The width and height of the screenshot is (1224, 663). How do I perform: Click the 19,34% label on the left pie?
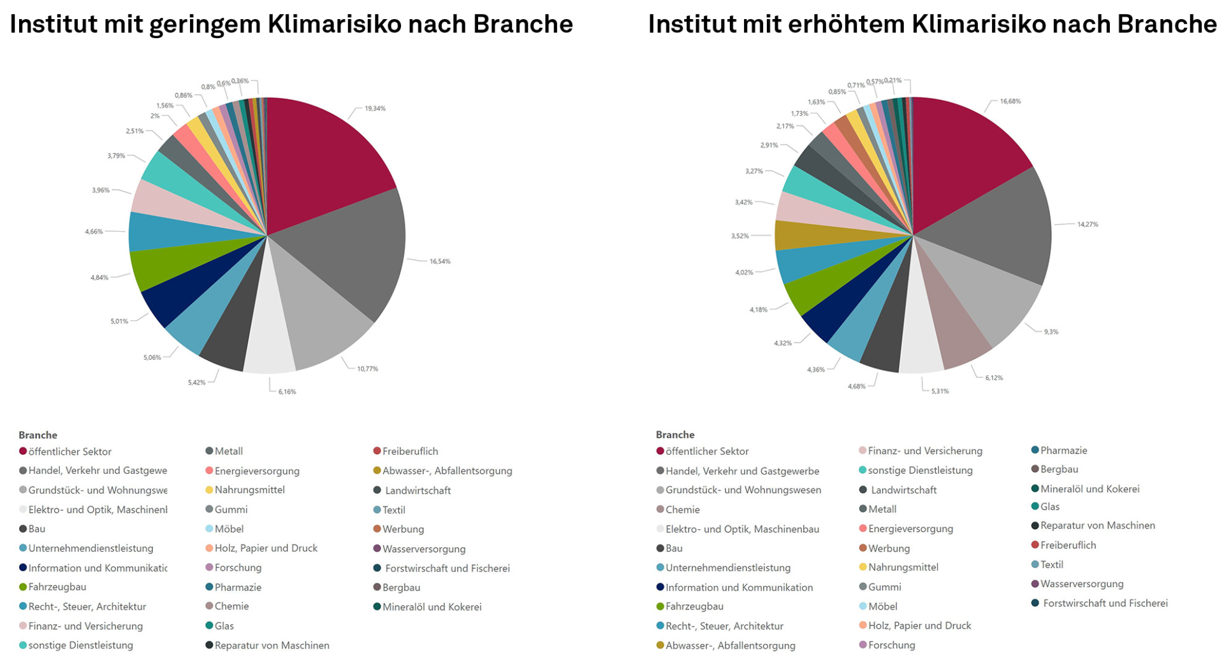[x=375, y=108]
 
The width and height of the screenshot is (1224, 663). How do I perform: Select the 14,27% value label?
[x=1088, y=224]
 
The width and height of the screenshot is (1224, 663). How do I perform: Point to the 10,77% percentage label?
[x=367, y=369]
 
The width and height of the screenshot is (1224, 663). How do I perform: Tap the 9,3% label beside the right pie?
[x=1051, y=332]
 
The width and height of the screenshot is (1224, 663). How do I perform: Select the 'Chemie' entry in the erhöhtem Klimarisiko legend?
[x=682, y=510]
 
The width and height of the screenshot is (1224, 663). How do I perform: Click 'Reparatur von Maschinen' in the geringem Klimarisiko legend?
[x=272, y=645]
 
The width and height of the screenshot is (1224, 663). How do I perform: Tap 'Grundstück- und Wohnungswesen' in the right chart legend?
[x=743, y=490]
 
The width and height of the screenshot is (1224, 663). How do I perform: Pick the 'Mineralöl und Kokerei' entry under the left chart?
[x=432, y=607]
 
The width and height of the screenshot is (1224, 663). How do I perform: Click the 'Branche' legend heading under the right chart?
[x=675, y=435]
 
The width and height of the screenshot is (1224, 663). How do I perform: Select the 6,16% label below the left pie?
[x=287, y=392]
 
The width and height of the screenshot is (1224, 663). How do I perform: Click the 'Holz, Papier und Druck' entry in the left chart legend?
[x=266, y=548]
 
